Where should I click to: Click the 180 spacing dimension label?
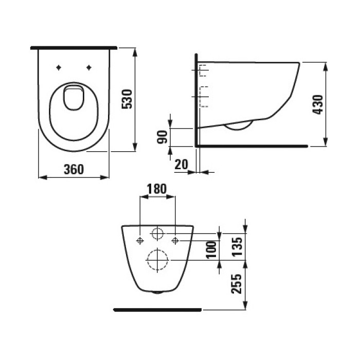point(157,189)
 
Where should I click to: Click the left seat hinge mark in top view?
point(59,66)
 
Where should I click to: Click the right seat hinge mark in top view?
point(89,66)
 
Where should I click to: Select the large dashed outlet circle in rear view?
point(157,261)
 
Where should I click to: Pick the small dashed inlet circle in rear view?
point(157,235)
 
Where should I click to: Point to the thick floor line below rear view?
point(157,310)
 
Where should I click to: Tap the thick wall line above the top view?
point(74,47)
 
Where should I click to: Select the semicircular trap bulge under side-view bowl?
point(239,127)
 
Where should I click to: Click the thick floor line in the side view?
point(252,146)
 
